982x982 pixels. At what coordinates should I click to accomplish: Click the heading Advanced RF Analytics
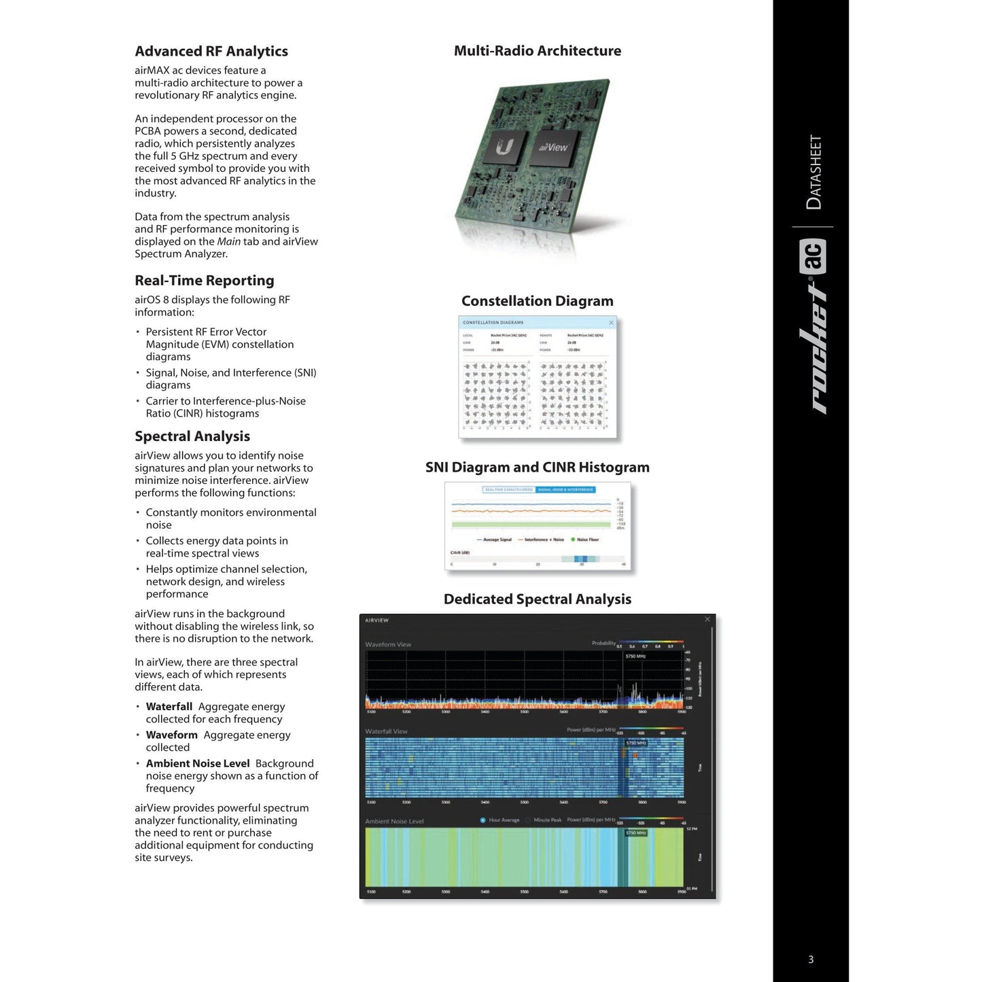click(211, 52)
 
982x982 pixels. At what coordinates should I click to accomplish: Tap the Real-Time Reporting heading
click(205, 281)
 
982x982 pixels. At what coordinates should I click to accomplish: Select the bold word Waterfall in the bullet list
click(169, 707)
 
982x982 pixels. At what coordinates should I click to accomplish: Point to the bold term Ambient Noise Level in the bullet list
click(198, 764)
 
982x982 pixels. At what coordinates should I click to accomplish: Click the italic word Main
click(229, 242)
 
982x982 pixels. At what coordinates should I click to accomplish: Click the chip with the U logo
click(504, 147)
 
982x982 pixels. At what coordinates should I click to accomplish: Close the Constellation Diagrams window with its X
click(611, 323)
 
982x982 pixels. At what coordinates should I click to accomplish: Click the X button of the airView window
click(707, 620)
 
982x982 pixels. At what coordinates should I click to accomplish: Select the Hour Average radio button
click(483, 820)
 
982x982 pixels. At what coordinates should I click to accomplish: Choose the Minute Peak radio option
click(528, 820)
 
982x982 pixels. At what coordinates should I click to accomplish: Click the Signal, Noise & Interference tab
click(565, 489)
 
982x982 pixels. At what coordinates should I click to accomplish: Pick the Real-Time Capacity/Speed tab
click(509, 489)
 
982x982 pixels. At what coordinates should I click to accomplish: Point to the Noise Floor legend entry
click(586, 540)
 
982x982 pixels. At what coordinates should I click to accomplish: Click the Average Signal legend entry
click(496, 540)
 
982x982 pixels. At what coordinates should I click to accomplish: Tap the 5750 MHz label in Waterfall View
click(636, 743)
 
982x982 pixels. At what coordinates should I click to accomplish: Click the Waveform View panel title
click(388, 644)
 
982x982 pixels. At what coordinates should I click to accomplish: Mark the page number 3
click(811, 960)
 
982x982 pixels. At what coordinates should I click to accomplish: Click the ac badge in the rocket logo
click(813, 257)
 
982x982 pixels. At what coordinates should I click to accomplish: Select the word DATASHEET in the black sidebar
click(813, 173)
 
